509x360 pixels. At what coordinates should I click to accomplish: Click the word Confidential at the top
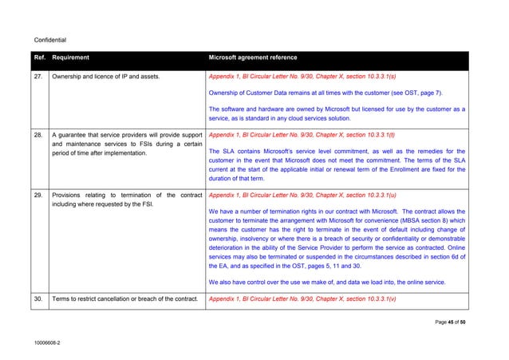click(x=49, y=39)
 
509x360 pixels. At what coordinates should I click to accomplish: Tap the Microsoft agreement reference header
click(x=252, y=58)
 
